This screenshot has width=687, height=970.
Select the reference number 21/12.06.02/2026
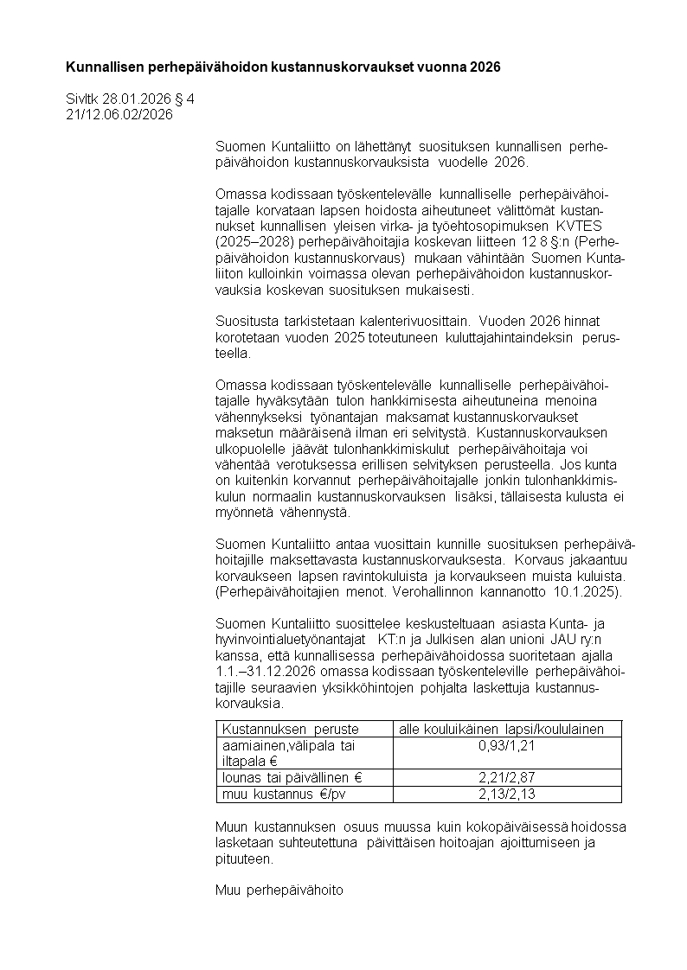tap(119, 114)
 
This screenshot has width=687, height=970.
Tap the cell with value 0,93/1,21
tap(508, 746)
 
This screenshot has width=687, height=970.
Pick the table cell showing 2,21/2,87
tap(508, 778)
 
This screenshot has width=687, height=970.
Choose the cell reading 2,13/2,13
tap(508, 795)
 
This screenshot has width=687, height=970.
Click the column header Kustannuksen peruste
tap(291, 730)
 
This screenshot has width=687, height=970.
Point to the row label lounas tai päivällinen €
tap(292, 778)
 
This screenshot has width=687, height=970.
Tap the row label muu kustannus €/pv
tap(278, 795)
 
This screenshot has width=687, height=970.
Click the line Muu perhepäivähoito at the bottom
tap(279, 892)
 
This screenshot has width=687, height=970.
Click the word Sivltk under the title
tap(84, 99)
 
